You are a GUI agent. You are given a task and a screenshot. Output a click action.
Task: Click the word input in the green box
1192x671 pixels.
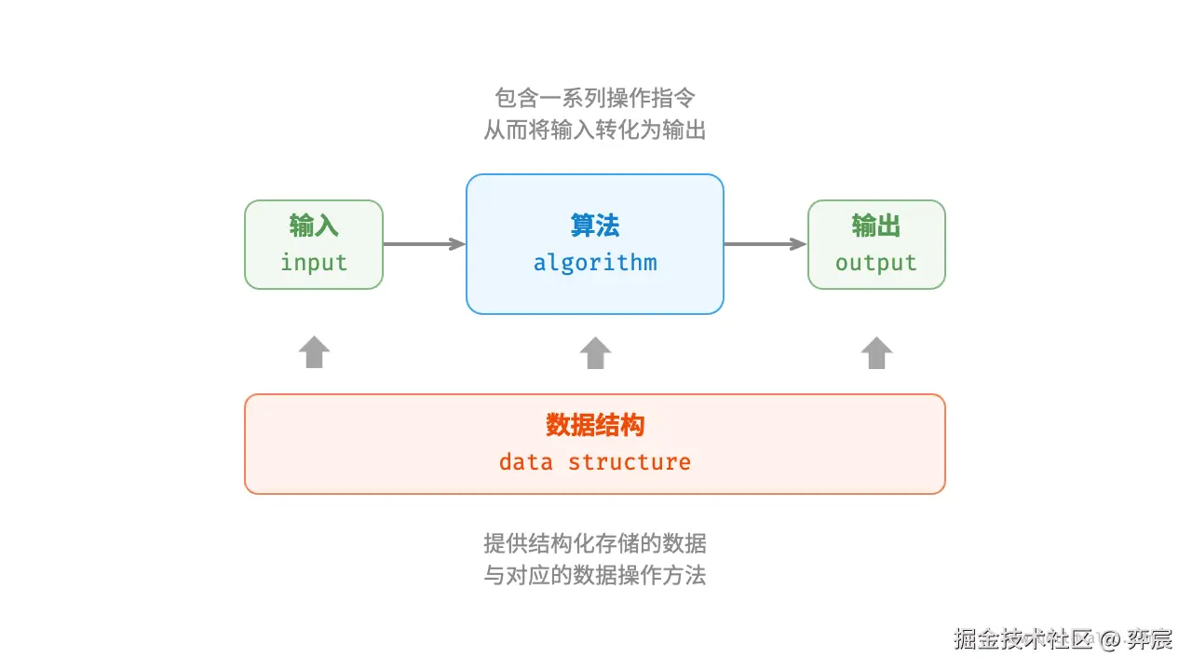314,263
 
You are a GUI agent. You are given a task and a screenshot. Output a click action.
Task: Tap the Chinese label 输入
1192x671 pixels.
314,226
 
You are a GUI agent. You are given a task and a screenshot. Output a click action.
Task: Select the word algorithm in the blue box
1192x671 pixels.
595,263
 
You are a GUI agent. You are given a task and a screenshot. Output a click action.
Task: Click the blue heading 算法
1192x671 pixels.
595,226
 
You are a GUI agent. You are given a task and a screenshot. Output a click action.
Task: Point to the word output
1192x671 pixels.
875,263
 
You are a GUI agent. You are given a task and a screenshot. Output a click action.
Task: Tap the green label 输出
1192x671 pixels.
875,226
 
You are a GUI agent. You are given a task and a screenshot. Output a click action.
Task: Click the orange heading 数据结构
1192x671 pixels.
595,426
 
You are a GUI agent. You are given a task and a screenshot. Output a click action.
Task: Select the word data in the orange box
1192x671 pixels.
526,462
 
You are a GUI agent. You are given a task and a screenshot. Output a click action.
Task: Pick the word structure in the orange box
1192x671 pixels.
630,462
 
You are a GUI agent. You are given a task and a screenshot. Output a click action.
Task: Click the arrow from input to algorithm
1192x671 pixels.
425,244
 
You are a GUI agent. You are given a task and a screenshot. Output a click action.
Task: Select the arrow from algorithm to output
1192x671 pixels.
765,244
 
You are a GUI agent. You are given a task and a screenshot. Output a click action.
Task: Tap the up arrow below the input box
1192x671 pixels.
314,352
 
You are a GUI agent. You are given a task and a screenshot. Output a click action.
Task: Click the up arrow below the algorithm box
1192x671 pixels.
595,352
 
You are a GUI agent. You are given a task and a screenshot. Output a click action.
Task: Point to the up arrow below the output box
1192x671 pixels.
875,352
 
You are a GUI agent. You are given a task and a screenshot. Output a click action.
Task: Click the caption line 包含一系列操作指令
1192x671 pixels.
595,97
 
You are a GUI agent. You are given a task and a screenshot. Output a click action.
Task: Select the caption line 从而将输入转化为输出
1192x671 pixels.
595,130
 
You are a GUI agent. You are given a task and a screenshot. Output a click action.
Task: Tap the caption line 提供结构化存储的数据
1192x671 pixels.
595,542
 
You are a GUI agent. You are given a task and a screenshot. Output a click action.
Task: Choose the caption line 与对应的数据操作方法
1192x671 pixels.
595,575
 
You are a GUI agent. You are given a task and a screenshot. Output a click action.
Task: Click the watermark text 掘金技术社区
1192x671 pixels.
1022,639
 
